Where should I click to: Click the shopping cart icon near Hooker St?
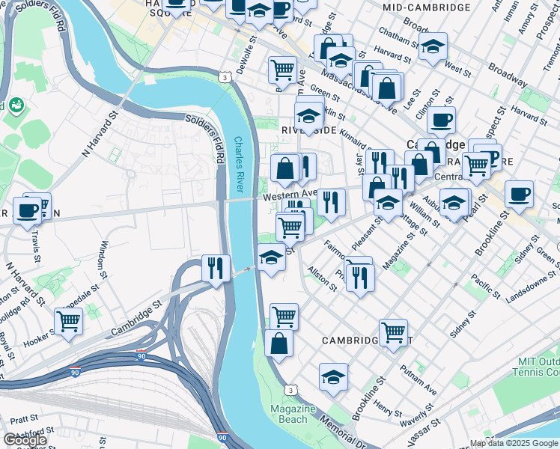coord(68,322)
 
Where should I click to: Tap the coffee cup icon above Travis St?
coord(28,210)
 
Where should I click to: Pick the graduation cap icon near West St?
coord(433,46)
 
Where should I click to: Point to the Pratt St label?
coord(24,419)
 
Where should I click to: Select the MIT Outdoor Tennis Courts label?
coord(538,367)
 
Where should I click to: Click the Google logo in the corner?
coord(24,440)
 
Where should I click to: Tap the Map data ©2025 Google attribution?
coord(514,443)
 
